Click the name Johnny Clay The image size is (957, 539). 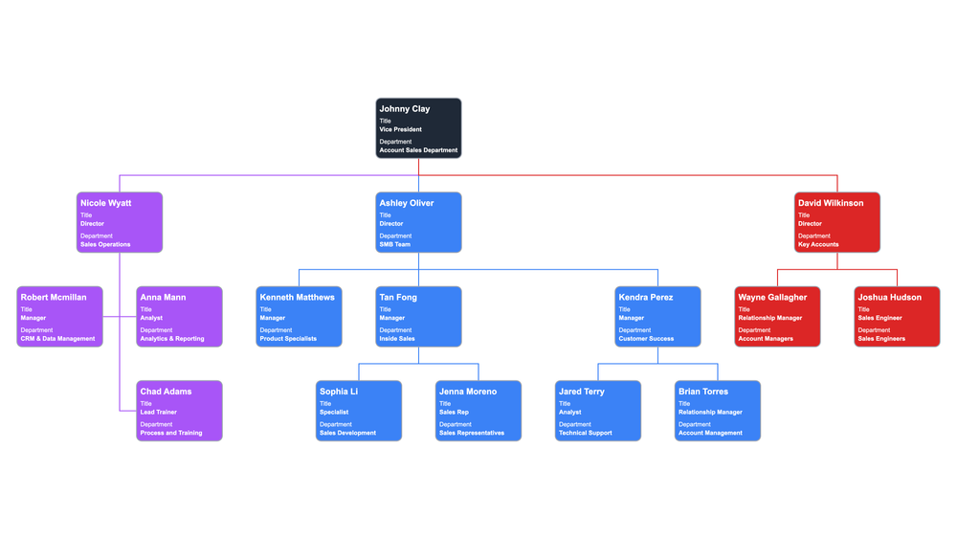tap(404, 109)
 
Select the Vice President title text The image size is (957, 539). tap(400, 129)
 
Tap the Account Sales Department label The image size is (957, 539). tap(418, 150)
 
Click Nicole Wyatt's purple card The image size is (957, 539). tap(120, 222)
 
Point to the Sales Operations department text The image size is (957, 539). tap(105, 244)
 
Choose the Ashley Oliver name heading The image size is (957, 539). tap(406, 203)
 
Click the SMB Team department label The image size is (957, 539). tap(394, 244)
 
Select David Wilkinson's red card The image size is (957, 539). tap(837, 222)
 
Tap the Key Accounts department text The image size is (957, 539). tap(818, 244)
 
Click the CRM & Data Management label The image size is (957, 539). tap(57, 339)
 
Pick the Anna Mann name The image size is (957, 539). tap(163, 298)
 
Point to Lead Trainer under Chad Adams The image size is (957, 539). tap(158, 413)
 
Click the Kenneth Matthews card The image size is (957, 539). tap(299, 317)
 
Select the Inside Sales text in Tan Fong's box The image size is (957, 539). tap(397, 339)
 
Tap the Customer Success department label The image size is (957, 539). tap(646, 339)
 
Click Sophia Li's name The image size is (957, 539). tap(339, 392)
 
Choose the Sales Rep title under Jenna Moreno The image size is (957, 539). tap(454, 413)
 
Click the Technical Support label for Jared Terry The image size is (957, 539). tap(586, 433)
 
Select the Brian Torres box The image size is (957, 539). tap(718, 411)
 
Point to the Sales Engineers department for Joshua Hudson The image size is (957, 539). tap(881, 339)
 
